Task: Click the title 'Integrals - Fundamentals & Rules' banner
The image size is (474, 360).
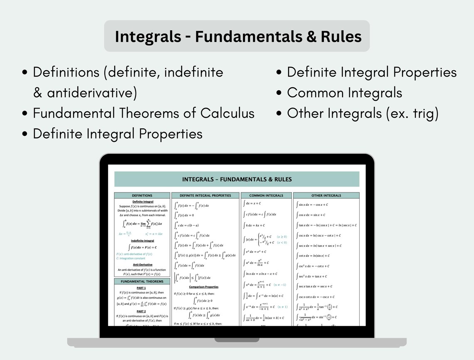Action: (x=237, y=37)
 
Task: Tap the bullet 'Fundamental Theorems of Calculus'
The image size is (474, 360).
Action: (x=143, y=113)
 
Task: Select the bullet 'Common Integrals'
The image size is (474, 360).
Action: (x=344, y=93)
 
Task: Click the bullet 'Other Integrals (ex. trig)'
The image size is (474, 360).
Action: (x=363, y=113)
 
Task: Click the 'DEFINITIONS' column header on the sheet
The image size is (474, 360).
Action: (x=142, y=195)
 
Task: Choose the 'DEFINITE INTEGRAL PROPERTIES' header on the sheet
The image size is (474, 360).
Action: (x=205, y=195)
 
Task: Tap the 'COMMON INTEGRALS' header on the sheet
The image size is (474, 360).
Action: (x=266, y=195)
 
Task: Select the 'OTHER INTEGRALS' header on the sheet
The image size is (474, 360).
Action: (x=326, y=195)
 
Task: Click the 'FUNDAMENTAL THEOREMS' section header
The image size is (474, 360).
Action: (x=142, y=281)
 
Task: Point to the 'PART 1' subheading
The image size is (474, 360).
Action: (x=141, y=288)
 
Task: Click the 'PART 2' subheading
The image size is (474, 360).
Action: (x=141, y=311)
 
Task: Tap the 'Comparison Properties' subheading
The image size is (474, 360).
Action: (x=204, y=287)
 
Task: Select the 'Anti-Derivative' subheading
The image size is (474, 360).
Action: (x=143, y=264)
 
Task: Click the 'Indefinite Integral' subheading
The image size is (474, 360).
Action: (x=143, y=241)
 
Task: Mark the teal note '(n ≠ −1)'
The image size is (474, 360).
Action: (x=279, y=285)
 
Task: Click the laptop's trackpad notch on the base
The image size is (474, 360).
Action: (x=237, y=340)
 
